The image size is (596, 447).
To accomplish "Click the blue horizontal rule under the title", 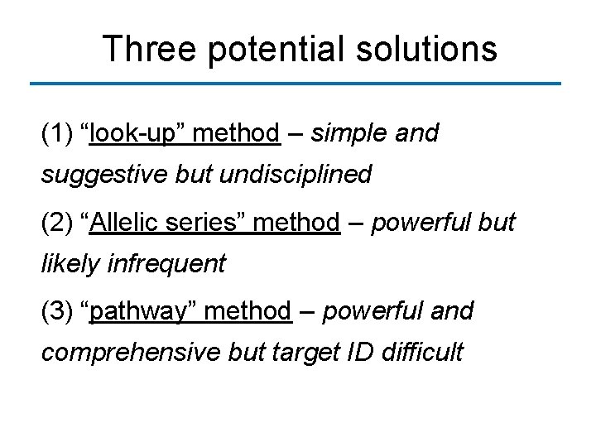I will [295, 84].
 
